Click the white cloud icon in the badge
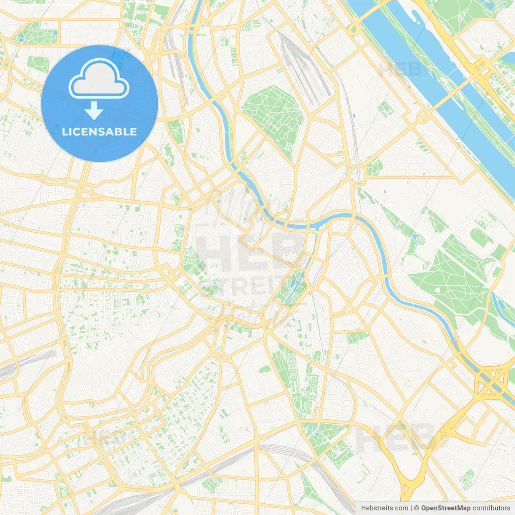(99, 79)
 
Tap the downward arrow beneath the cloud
(94, 111)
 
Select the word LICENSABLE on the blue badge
(99, 132)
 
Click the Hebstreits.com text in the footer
(384, 508)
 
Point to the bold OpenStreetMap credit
(445, 508)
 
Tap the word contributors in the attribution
(491, 508)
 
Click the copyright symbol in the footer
(416, 508)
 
